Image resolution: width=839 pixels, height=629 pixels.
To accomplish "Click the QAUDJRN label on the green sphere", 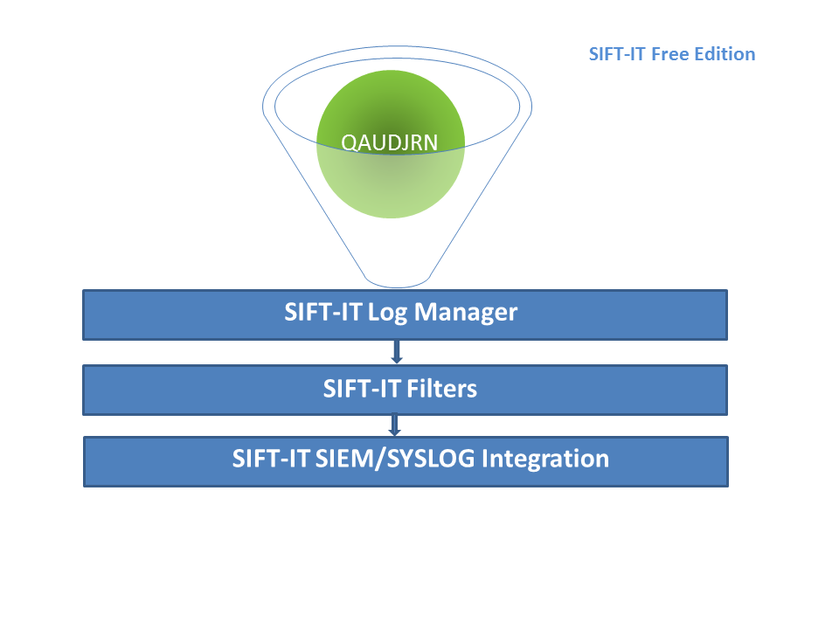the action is [390, 142].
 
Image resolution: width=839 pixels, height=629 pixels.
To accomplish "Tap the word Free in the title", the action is [670, 54].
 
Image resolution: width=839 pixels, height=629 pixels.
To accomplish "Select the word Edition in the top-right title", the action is [725, 54].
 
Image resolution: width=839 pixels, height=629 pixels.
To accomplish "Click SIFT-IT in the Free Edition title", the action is [618, 54].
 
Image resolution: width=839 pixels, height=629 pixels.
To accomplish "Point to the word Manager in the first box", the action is [466, 313].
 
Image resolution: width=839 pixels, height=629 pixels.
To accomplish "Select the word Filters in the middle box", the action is [441, 389].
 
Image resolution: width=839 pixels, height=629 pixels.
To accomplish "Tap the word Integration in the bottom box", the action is [545, 460].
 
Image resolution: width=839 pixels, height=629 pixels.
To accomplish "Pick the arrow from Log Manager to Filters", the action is [397, 351].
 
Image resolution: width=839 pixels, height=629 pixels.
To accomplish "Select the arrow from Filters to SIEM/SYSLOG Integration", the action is [395, 425].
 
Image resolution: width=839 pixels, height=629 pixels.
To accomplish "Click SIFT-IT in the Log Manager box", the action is [322, 313].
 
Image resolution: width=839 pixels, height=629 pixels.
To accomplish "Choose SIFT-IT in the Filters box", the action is [362, 389].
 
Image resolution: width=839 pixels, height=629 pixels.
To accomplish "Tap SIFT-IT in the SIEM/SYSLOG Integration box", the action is [271, 459].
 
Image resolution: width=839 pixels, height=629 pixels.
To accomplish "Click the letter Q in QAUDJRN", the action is [350, 143].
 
